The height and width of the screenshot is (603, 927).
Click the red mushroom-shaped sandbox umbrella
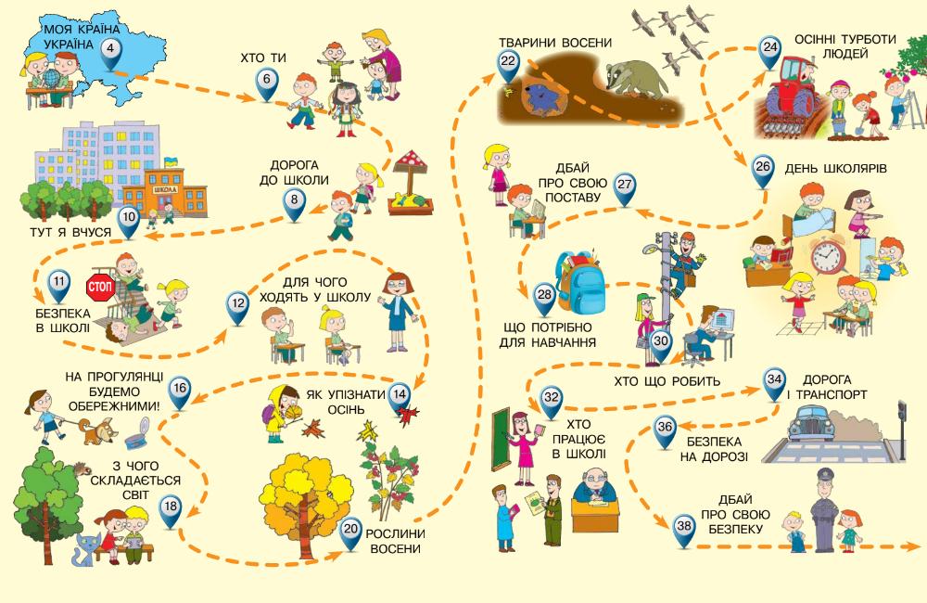410,165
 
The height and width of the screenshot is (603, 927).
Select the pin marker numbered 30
660,343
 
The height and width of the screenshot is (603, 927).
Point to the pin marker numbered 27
624,186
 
